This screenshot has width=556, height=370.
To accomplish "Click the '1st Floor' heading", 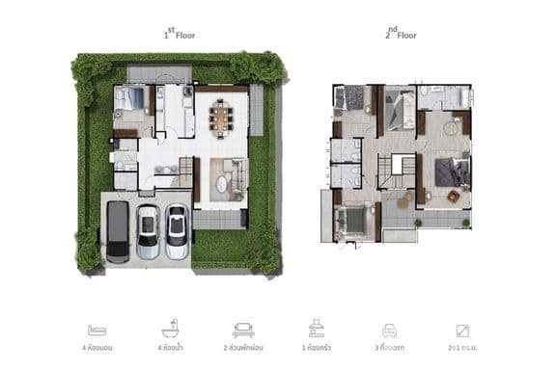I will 181,34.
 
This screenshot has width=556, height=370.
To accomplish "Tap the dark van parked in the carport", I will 118,231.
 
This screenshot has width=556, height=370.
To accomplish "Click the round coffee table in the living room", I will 221,182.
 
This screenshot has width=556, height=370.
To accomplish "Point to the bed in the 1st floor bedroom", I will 131,99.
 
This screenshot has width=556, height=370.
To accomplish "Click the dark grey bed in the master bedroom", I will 451,172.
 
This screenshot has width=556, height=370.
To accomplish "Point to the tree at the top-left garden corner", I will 91,69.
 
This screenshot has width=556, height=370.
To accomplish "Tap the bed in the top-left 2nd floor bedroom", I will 353,97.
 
